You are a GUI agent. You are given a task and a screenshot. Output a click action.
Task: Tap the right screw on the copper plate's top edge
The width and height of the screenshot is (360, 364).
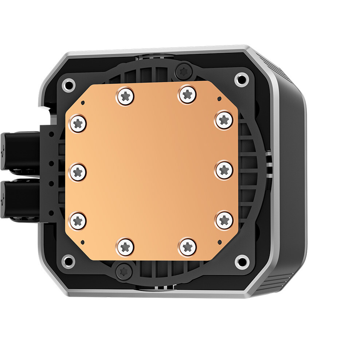pyautogui.click(x=188, y=94)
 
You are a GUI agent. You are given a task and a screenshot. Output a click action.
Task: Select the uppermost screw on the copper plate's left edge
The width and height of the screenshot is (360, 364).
pyautogui.click(x=78, y=124)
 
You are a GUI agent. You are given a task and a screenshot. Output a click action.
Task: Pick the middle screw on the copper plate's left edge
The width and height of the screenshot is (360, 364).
pyautogui.click(x=78, y=172)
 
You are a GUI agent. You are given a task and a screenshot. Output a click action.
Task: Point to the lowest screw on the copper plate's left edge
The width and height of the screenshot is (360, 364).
pyautogui.click(x=78, y=220)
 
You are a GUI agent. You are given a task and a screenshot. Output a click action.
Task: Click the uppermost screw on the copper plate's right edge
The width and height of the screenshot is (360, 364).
pyautogui.click(x=224, y=120)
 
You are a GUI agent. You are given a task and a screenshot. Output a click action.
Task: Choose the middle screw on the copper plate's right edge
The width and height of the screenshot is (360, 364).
pyautogui.click(x=224, y=170)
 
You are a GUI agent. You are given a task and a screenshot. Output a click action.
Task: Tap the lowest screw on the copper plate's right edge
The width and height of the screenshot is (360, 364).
pyautogui.click(x=224, y=220)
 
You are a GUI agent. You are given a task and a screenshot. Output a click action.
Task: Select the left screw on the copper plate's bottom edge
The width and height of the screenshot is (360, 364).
pyautogui.click(x=125, y=246)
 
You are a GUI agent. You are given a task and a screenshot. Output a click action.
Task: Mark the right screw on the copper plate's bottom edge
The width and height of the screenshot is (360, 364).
pyautogui.click(x=188, y=247)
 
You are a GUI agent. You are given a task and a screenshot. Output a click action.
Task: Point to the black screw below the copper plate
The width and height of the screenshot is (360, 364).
pyautogui.click(x=124, y=271)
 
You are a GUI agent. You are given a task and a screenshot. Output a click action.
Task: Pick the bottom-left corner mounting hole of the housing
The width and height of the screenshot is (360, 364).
pyautogui.click(x=67, y=260)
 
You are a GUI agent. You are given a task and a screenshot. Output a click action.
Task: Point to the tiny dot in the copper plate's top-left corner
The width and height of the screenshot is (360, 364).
pyautogui.click(x=83, y=103)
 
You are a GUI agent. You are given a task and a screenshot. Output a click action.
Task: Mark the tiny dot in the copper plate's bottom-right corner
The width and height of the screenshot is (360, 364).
pyautogui.click(x=219, y=242)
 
